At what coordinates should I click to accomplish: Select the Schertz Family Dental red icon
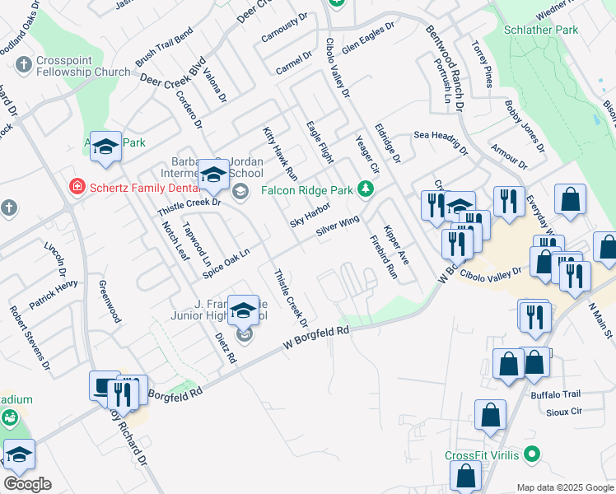[77, 186]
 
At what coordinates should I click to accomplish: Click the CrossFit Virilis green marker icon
[532, 454]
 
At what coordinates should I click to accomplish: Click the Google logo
[26, 484]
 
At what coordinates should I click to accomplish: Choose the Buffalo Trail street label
[556, 394]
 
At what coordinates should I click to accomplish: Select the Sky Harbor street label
[310, 213]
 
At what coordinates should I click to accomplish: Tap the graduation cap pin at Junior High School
[243, 310]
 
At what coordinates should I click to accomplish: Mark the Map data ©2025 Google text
[563, 487]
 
